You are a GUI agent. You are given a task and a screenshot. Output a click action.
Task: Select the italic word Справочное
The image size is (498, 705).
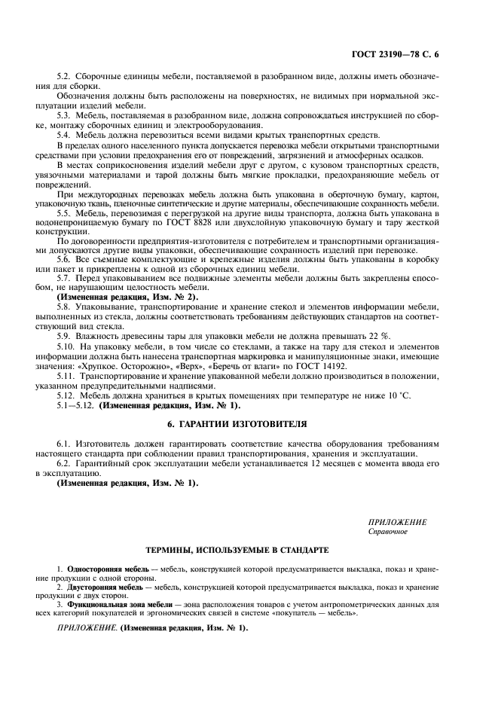pyautogui.click(x=387, y=531)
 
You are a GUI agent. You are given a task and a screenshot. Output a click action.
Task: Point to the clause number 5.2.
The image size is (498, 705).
pyautogui.click(x=66, y=77)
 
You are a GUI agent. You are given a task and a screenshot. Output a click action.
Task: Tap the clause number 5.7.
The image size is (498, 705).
pyautogui.click(x=66, y=279)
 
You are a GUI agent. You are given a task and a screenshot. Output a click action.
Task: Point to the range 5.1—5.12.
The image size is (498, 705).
pyautogui.click(x=75, y=406)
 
